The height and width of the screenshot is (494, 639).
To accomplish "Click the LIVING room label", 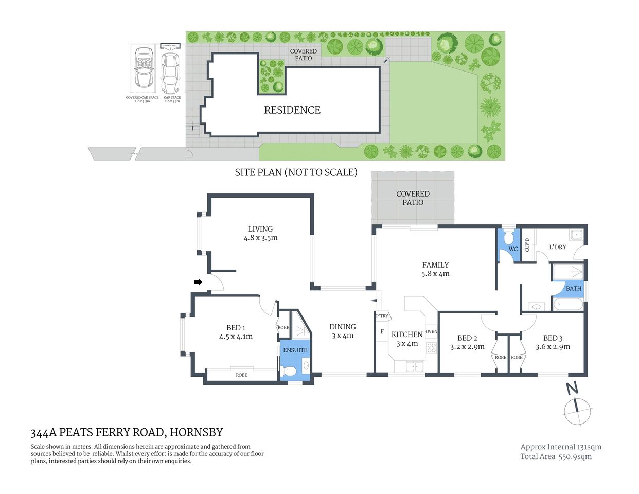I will click(x=260, y=229).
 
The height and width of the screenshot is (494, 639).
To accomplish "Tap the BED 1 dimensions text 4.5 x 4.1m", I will click(x=236, y=337).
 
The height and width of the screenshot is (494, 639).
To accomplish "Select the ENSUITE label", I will click(x=295, y=350).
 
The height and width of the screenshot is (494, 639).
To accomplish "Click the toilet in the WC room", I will click(x=508, y=238).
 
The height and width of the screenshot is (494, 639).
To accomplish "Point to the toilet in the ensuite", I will click(x=289, y=371).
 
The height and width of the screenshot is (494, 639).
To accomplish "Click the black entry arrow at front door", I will click(x=198, y=282).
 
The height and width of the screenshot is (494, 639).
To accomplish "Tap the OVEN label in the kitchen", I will click(x=431, y=331).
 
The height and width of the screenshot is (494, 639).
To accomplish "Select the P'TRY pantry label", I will click(x=382, y=316).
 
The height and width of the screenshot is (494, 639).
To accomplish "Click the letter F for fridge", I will click(x=382, y=332).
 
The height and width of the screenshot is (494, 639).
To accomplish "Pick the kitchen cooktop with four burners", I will click(x=431, y=347).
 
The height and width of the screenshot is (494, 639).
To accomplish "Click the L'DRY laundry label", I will click(x=557, y=247).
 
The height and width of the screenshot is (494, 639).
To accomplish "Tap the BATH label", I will click(x=573, y=289).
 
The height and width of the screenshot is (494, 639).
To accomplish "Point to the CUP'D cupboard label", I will click(x=527, y=245).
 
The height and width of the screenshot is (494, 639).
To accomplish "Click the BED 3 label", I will click(x=553, y=338).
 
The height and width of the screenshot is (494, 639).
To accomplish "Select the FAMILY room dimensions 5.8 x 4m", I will click(x=435, y=274).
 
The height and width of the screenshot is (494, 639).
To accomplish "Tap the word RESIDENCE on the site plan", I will click(x=292, y=110).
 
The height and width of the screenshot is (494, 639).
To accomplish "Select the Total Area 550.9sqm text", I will click(x=556, y=456).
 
